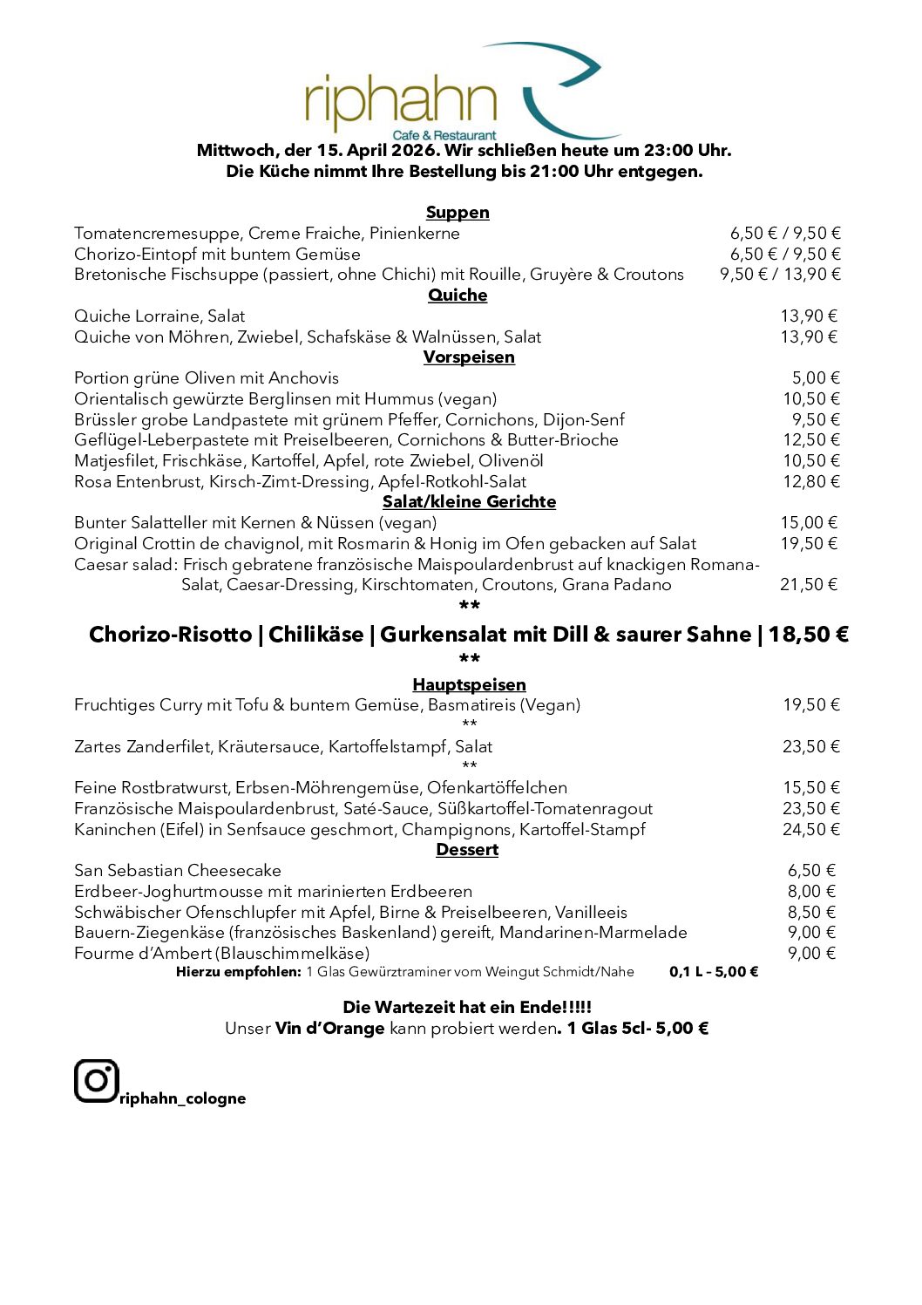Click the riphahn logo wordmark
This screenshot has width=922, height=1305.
pos(401,103)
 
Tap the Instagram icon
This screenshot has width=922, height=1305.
pos(96,1081)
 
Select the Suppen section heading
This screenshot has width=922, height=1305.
pos(458,213)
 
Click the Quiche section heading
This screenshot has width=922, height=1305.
pos(458,296)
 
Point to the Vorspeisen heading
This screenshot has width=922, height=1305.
pos(469,357)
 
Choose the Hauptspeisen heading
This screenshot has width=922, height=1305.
pos(469,685)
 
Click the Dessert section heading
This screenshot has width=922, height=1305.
pos(467,850)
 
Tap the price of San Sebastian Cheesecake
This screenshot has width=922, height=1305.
pos(811,871)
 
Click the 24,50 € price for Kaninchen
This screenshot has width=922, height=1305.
pos(810,830)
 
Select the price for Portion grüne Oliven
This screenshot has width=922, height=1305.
pos(816,378)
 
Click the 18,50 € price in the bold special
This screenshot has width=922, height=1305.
pos(808,635)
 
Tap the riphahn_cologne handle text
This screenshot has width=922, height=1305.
pos(182,1098)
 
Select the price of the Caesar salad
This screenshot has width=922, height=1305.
pos(808,585)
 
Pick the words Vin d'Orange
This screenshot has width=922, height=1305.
pos(329,1029)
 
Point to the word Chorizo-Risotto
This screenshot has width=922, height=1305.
pos(170,635)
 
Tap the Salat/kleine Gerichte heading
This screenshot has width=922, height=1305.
pos(469,502)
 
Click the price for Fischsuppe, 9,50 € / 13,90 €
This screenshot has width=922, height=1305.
pos(780,275)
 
